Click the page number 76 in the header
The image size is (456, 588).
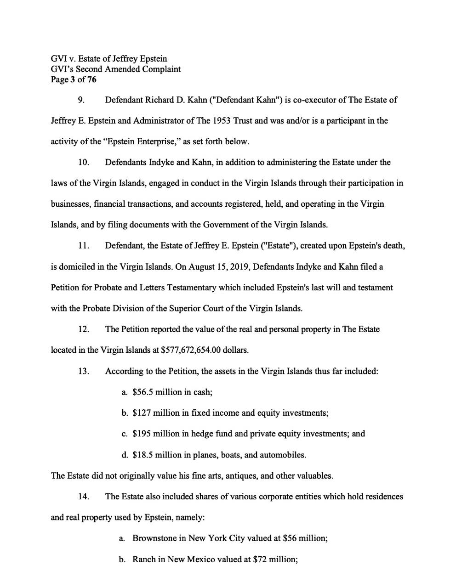(x=91, y=80)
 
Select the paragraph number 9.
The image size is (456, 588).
(x=81, y=100)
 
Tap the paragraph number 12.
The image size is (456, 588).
(x=83, y=329)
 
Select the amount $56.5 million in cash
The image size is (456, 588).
(x=172, y=392)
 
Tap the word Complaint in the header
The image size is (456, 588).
(x=161, y=69)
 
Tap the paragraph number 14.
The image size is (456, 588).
(x=83, y=497)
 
